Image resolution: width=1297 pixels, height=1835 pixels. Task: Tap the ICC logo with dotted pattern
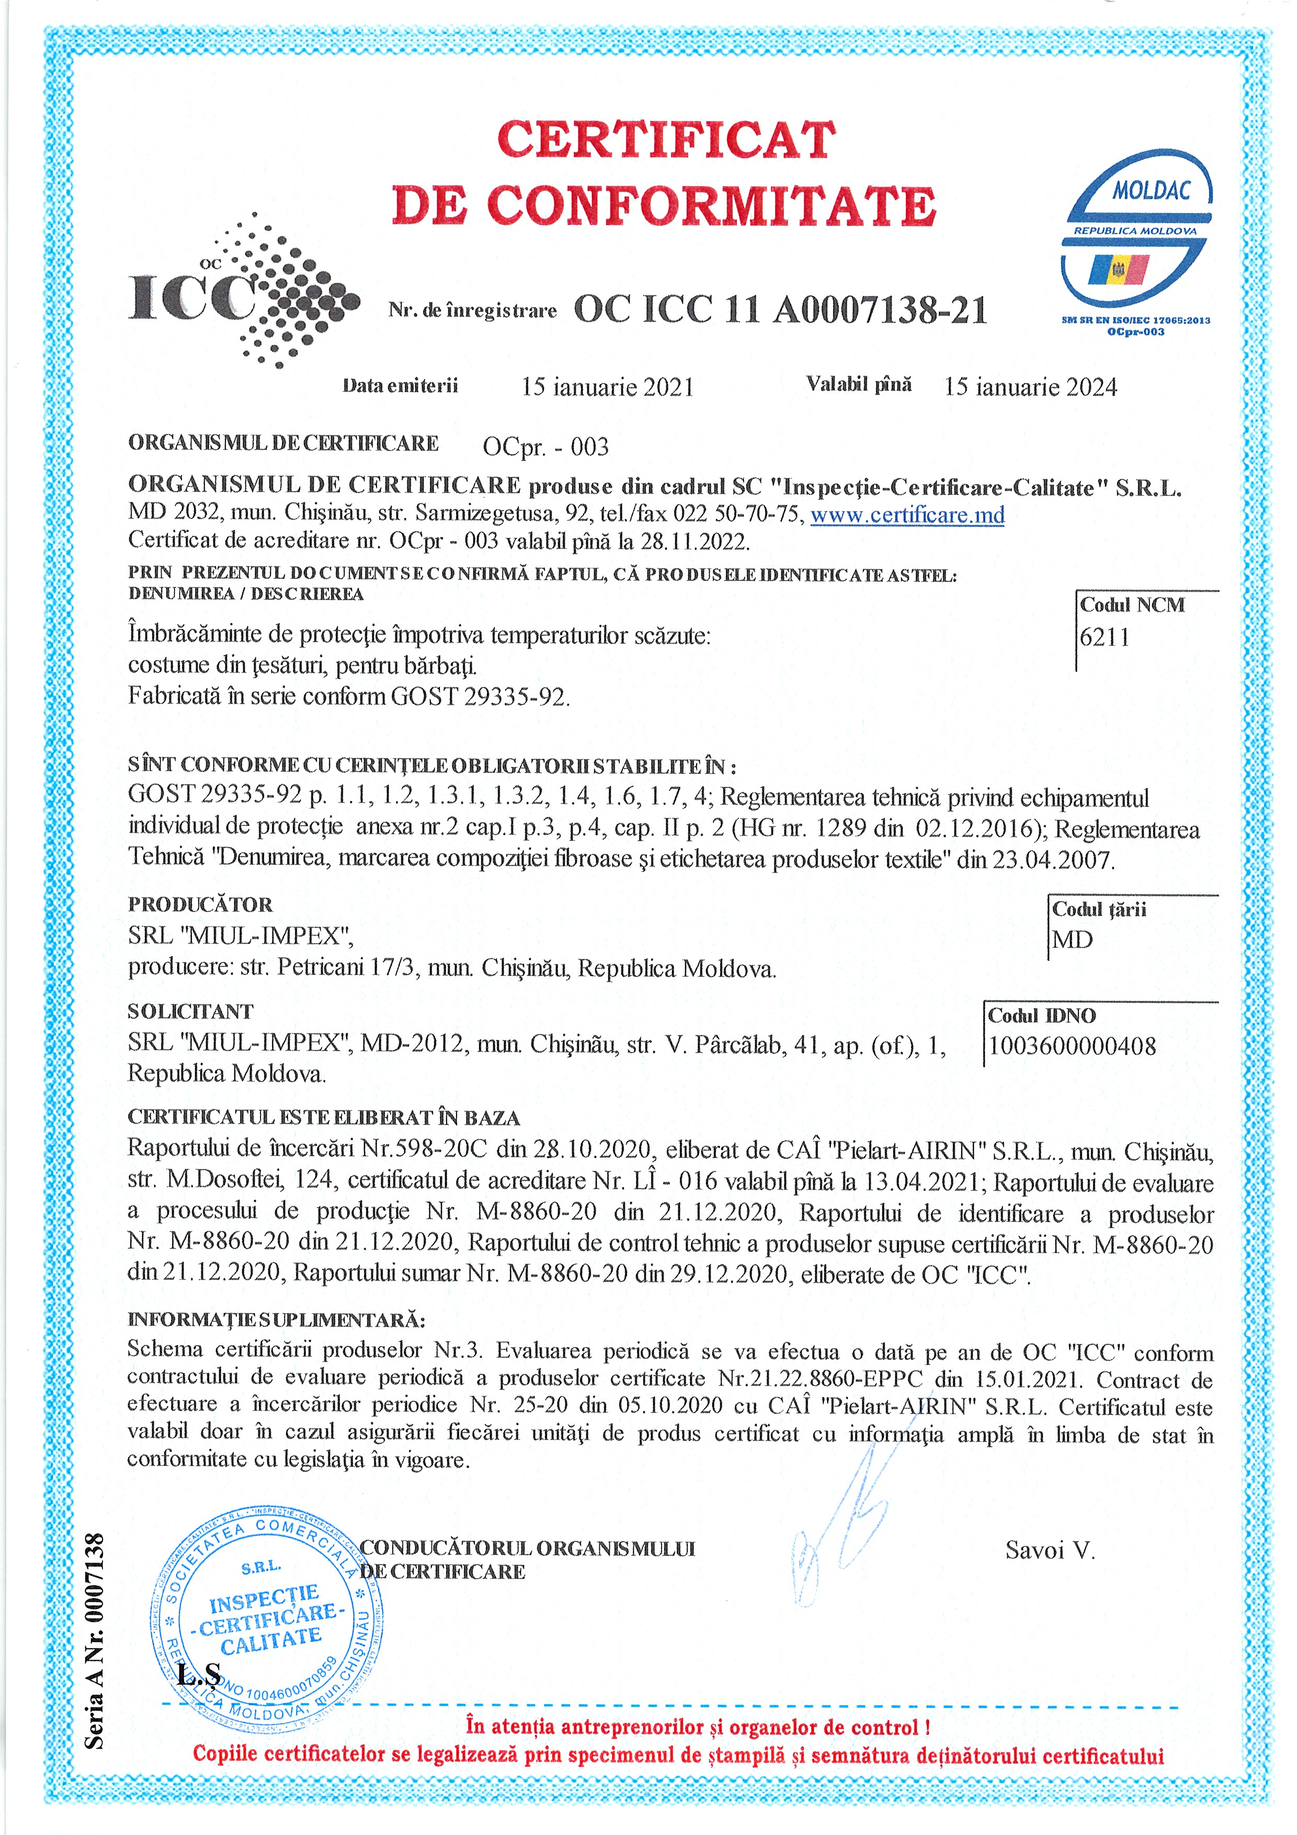244,292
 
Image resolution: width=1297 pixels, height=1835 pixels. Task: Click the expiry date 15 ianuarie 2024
1030,388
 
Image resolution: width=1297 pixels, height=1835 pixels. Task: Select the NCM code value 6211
1105,638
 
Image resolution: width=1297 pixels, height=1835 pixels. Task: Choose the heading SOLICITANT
190,1012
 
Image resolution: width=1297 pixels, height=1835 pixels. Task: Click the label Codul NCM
1132,605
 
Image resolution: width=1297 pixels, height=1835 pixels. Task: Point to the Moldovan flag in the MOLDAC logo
1118,270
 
